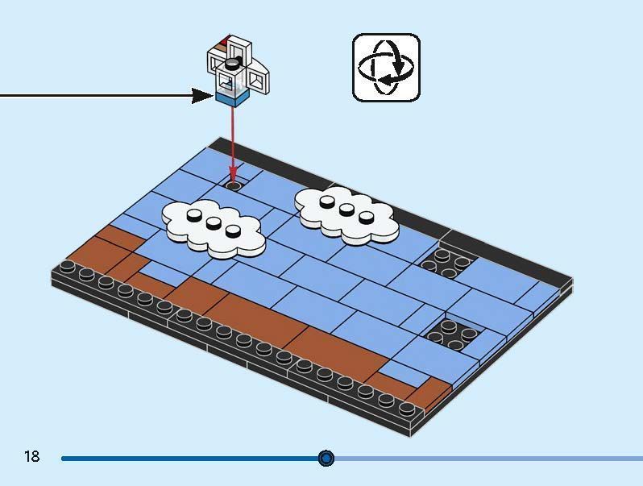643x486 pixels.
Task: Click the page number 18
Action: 31,457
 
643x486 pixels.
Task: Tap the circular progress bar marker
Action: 326,459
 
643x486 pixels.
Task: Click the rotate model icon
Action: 386,68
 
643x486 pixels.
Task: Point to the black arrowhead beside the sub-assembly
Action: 202,97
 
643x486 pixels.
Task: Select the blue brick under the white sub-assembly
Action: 230,99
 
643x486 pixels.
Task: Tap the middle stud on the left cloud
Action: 214,223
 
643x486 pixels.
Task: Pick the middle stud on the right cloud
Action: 347,210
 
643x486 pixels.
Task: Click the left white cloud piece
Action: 214,227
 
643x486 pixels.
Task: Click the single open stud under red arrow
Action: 234,185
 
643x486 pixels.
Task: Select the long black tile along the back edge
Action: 322,181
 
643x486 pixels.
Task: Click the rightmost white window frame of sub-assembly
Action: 259,79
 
